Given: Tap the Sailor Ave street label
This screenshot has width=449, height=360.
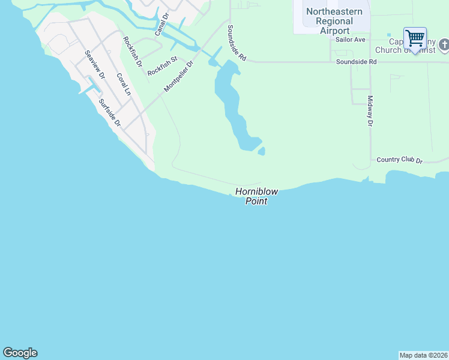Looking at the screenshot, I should point(351,40).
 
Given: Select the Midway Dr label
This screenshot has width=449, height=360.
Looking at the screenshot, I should point(370,111).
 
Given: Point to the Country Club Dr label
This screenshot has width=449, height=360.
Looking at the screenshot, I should point(400,161).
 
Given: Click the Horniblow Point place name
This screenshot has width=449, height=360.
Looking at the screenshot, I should point(256,196).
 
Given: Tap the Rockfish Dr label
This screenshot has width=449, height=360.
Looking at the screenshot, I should point(132,51).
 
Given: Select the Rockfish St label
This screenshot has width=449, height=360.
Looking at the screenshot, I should point(163,66).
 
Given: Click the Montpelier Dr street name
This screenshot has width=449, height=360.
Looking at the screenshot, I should point(179,76).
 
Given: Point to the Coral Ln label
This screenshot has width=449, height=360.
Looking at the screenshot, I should point(123,85).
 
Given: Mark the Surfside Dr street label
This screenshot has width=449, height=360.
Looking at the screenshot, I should point(110,112).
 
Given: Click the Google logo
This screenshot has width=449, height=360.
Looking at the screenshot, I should point(20,353).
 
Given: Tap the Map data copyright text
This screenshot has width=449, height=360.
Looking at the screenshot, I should point(423,355).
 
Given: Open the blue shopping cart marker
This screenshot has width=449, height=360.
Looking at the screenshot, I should point(415,38).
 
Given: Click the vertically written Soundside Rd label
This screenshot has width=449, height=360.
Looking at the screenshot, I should point(237,43).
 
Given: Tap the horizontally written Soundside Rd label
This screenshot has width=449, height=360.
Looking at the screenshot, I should point(356,62).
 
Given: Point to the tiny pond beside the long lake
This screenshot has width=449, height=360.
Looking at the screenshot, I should point(262,151).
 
